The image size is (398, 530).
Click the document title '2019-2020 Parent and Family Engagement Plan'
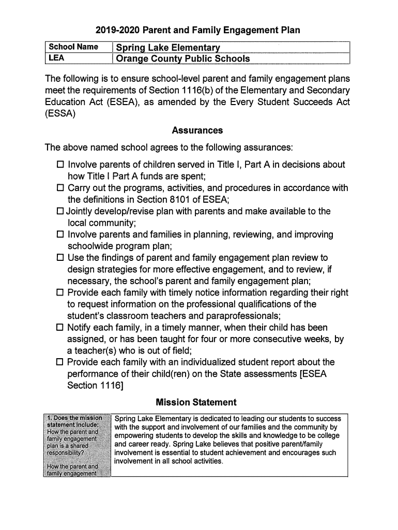(199, 31)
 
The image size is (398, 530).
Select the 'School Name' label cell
(73, 47)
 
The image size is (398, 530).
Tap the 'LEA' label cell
(56, 58)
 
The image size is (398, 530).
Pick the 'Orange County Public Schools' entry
(183, 58)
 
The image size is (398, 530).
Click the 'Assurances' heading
(197, 130)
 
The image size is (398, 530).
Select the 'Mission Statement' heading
(196, 402)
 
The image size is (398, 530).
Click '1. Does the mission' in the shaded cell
(78, 418)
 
